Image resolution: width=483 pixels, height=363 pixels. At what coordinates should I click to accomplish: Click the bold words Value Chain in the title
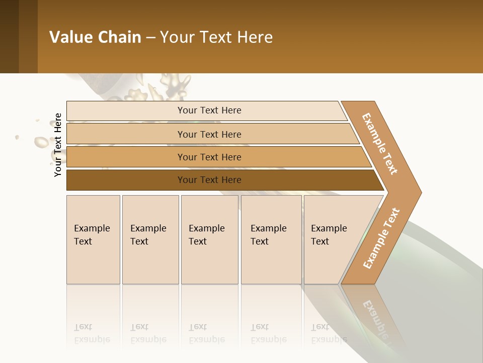[x=95, y=37]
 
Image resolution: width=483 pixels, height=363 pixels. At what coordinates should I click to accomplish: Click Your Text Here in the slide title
[x=216, y=37]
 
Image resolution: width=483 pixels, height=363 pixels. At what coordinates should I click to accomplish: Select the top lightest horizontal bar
[x=206, y=110]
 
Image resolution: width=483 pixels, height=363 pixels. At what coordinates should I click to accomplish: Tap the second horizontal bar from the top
[x=211, y=134]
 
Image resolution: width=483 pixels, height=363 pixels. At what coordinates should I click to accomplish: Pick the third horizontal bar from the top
[x=216, y=157]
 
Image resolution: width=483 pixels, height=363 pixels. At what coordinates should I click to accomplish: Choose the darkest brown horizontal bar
[x=221, y=180]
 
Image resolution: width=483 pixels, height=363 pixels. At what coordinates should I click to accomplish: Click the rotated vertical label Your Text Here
[x=58, y=145]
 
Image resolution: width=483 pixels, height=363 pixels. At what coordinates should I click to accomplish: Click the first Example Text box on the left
[x=93, y=239]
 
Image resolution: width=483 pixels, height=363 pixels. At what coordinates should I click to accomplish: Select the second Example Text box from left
[x=150, y=239]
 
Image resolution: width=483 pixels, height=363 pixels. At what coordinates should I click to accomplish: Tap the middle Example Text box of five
[x=209, y=239]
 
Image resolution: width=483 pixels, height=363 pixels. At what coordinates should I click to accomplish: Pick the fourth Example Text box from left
[x=271, y=239]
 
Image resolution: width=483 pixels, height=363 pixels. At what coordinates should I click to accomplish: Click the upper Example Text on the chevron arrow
[x=380, y=144]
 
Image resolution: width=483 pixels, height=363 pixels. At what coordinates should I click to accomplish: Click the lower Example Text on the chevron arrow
[x=381, y=238]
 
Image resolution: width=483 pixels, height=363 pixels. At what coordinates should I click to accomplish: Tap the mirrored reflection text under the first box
[x=92, y=333]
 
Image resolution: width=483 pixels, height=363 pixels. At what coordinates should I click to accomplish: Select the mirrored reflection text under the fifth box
[x=329, y=333]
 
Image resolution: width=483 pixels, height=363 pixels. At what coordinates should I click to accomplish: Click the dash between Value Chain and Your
[x=150, y=38]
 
